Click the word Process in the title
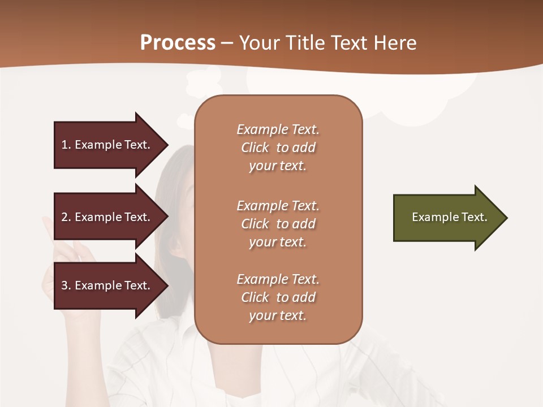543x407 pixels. coord(178,43)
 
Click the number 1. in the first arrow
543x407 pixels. coord(66,145)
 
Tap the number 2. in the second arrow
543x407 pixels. coord(66,217)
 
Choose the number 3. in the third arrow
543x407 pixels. coord(66,285)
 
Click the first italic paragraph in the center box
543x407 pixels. coord(278,148)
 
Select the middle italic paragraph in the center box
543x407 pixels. coord(278,224)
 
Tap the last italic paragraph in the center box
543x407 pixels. coord(278,297)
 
